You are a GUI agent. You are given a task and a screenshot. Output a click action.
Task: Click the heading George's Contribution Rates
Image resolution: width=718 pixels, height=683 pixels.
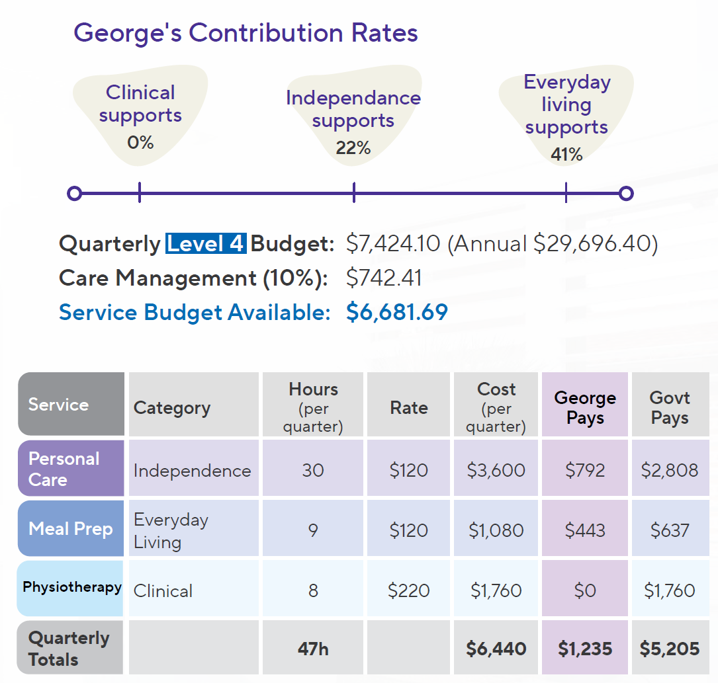(246, 32)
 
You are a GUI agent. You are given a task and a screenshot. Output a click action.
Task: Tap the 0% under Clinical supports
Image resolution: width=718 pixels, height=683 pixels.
(140, 141)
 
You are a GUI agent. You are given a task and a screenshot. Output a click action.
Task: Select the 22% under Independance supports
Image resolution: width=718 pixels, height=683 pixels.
(353, 147)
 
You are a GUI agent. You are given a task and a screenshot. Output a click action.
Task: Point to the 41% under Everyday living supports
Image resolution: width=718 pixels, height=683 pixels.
(566, 154)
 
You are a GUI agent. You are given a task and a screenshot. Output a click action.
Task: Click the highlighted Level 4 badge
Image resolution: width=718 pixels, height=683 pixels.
(205, 244)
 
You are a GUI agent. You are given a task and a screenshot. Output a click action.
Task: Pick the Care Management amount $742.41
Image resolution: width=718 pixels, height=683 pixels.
(384, 278)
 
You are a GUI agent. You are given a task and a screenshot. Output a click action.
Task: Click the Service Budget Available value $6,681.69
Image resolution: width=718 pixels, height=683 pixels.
(396, 312)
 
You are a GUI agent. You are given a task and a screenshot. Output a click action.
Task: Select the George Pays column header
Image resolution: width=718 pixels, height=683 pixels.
(585, 407)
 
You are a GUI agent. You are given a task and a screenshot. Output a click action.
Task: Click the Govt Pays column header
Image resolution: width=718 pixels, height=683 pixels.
(670, 407)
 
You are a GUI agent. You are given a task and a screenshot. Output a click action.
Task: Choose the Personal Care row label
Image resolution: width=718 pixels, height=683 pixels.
(64, 469)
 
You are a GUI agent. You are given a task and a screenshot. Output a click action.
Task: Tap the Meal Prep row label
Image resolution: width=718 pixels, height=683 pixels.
(71, 529)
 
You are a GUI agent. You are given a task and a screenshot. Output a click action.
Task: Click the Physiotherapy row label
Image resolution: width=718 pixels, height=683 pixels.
(71, 587)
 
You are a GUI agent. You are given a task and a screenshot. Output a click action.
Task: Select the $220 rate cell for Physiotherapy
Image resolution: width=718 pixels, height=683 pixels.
(408, 590)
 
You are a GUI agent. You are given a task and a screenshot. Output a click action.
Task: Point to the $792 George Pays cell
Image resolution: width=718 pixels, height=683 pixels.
(585, 470)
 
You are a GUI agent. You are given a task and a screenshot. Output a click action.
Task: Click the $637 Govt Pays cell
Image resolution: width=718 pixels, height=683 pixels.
(670, 530)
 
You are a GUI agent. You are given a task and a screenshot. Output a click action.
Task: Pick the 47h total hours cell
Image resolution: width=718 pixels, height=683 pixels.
(312, 649)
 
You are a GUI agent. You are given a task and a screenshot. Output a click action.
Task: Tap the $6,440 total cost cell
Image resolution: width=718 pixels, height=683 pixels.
(496, 649)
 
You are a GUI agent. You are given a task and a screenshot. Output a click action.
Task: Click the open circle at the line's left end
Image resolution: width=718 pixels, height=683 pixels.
(75, 193)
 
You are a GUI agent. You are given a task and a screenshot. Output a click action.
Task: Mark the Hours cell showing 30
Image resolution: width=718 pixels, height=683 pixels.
(312, 470)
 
